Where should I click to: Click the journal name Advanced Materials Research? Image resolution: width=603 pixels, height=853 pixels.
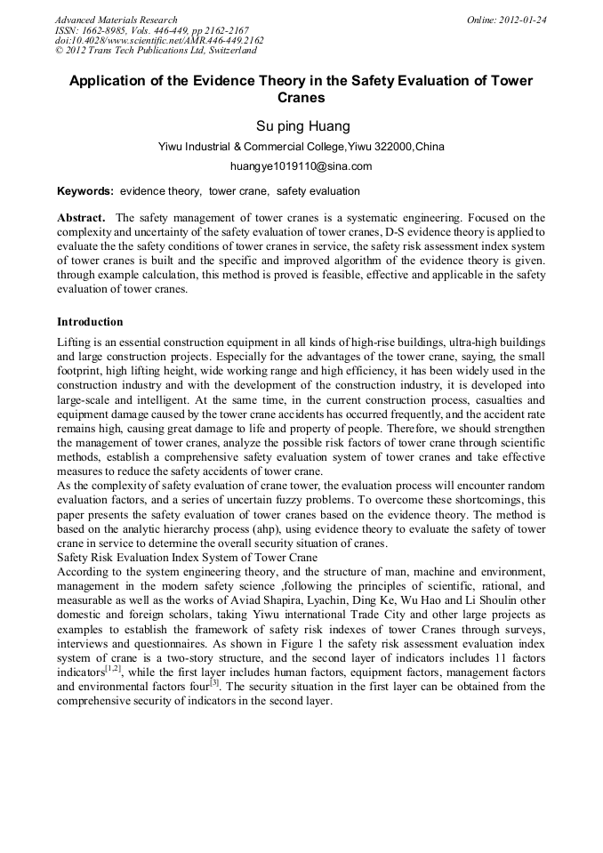click(x=116, y=20)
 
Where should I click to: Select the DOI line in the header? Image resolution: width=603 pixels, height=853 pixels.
click(x=159, y=40)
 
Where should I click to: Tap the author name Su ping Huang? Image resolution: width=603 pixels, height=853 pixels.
click(x=301, y=125)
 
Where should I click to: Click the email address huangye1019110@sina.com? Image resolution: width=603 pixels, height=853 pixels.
click(x=301, y=165)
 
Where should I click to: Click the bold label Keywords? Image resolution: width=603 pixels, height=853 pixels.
click(x=85, y=191)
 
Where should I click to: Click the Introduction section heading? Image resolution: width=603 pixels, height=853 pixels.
click(x=90, y=322)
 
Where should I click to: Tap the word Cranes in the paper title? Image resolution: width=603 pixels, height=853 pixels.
click(x=301, y=98)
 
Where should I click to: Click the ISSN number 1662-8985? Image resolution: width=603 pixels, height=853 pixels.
click(x=102, y=30)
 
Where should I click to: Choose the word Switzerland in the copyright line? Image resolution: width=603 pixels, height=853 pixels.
click(x=228, y=51)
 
